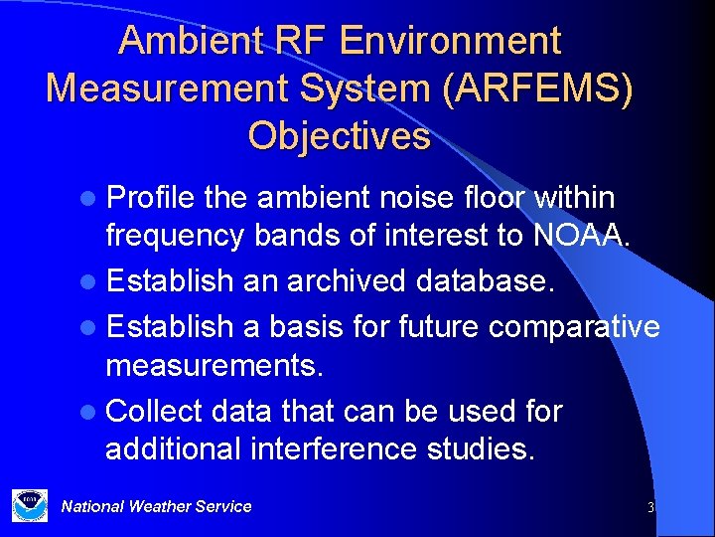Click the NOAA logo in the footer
point(30,505)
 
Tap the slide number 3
point(650,507)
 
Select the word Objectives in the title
point(340,135)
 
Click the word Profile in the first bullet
point(150,198)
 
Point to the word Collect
point(154,411)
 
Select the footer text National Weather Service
point(156,506)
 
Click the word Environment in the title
point(451,41)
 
